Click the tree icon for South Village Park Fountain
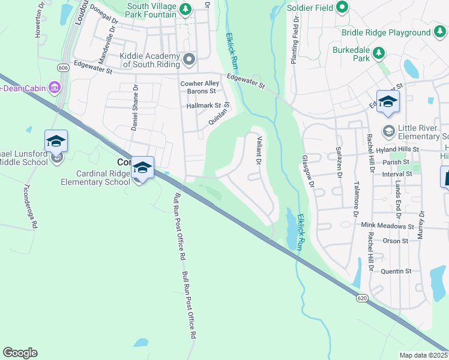186,8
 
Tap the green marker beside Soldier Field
342,7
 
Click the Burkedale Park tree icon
379,53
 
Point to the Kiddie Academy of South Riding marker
189,58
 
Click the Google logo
20,353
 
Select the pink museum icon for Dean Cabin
55,88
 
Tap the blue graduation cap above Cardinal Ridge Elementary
142,167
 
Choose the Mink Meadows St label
388,227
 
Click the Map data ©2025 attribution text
424,355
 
